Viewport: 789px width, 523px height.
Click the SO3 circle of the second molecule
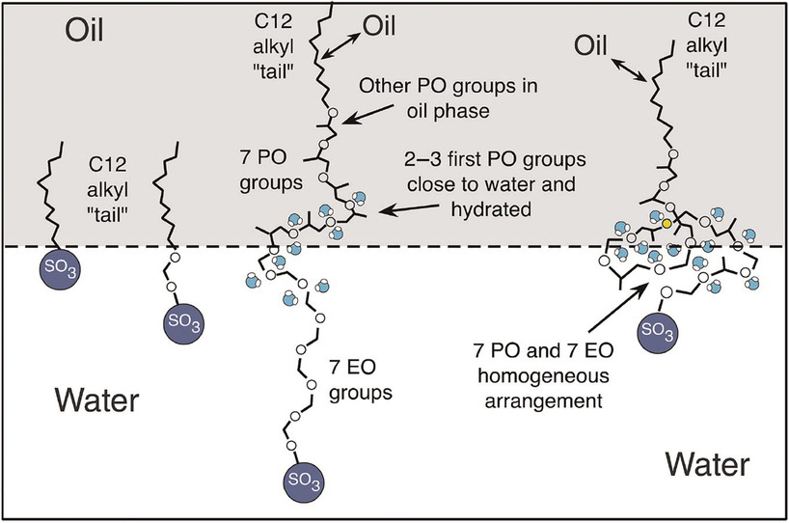coord(178,319)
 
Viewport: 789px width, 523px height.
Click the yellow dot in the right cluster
coord(667,224)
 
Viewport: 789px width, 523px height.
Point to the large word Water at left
coord(96,398)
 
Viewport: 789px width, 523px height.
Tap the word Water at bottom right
coord(706,467)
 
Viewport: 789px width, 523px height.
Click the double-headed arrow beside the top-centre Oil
coord(345,40)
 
